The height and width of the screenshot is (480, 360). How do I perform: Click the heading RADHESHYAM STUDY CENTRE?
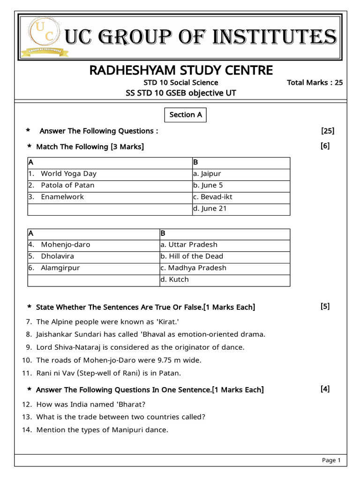pos(180,70)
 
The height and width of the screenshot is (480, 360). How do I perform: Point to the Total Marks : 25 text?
pos(315,83)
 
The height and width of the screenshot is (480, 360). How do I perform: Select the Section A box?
pos(186,115)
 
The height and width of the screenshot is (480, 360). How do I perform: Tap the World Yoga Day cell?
pos(68,173)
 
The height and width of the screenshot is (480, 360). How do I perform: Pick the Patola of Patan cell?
pos(67,185)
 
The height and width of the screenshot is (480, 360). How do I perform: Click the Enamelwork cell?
pos(62,197)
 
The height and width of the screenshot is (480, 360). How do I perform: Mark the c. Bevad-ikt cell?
pos(212,197)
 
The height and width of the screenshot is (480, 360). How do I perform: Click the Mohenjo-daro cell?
pos(66,245)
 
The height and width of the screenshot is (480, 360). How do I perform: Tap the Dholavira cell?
pos(57,256)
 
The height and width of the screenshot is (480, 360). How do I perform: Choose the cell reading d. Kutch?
pos(174,279)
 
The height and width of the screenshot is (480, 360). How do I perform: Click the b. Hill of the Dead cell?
pos(192,256)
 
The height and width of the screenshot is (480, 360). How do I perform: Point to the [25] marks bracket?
pos(328,131)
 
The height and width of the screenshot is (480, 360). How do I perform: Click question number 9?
pos(29,347)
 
